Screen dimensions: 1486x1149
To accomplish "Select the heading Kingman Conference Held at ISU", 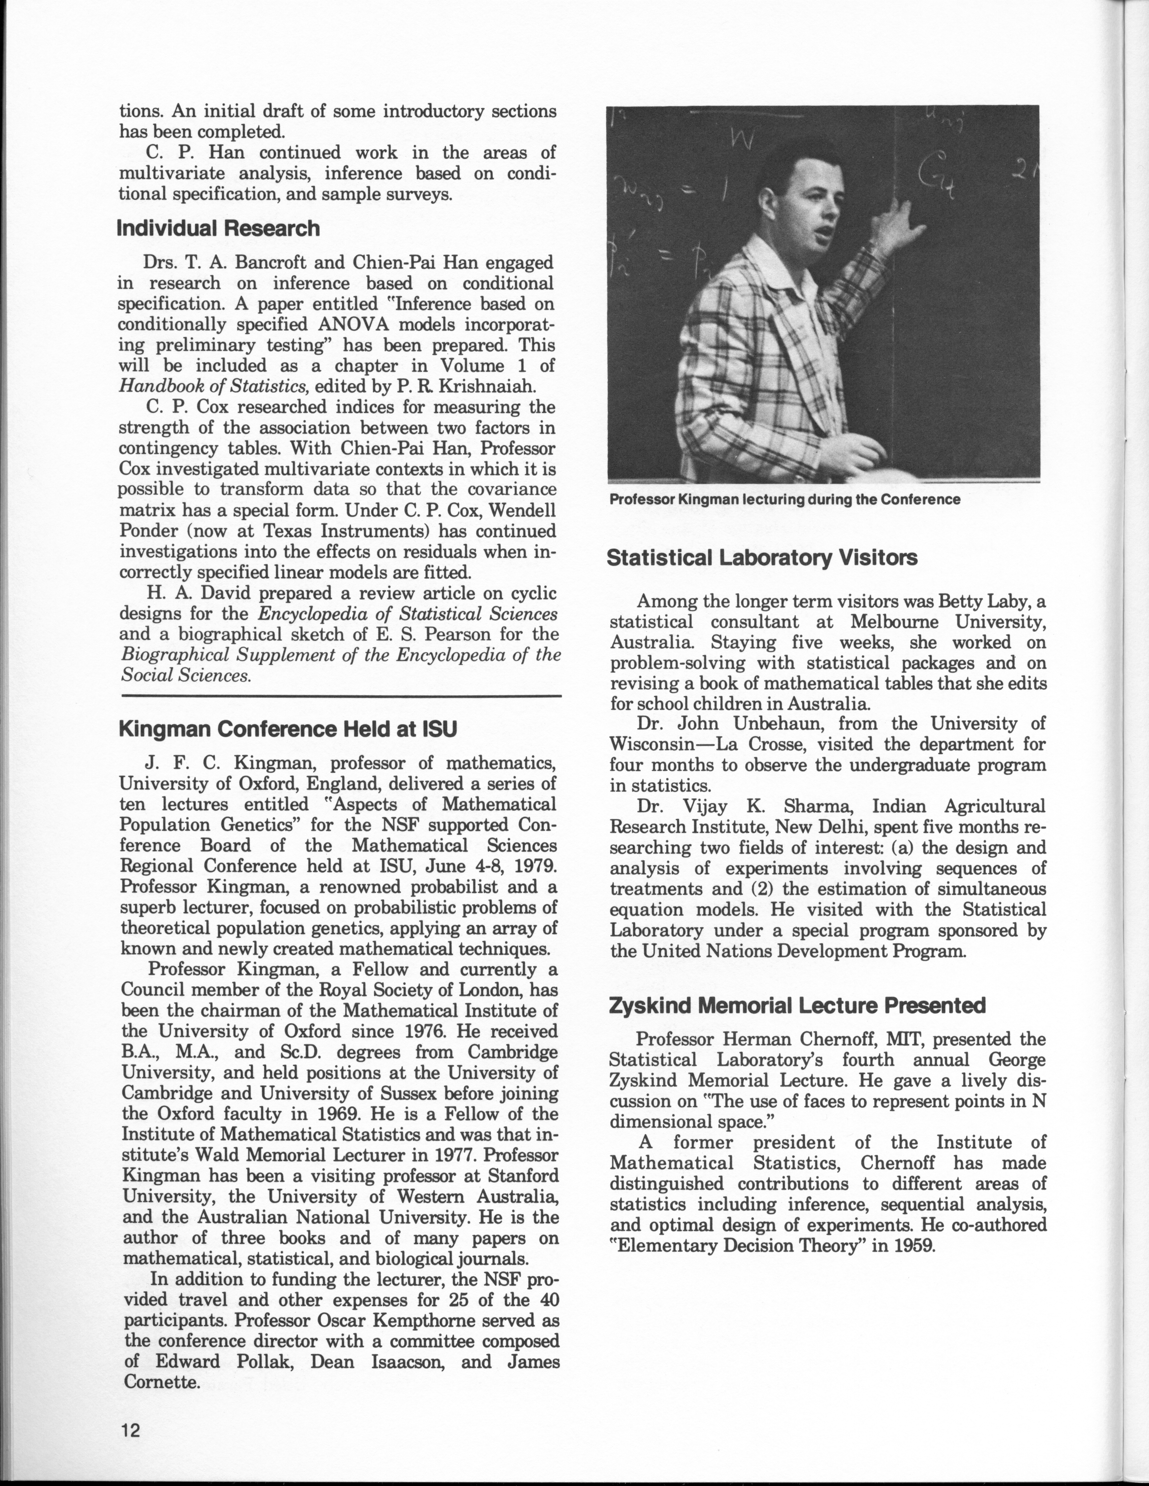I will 287,729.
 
